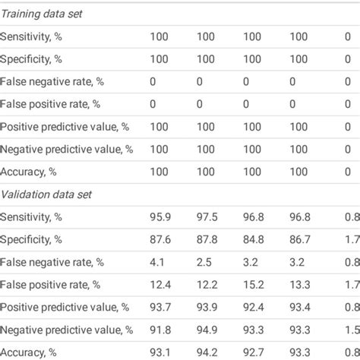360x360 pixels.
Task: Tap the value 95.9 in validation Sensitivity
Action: click(160, 217)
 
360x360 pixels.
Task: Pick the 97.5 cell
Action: click(207, 217)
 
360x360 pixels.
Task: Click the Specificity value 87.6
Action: click(160, 239)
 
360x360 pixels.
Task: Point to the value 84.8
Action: click(253, 239)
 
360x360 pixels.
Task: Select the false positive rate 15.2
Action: click(253, 284)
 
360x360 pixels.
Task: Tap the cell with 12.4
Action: click(160, 284)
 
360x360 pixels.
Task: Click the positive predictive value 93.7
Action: click(160, 307)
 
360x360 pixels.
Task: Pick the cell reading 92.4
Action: click(253, 307)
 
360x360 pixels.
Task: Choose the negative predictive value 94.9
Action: click(207, 330)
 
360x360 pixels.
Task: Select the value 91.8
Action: click(160, 330)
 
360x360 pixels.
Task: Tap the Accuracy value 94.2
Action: click(207, 352)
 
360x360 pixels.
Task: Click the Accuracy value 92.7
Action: click(253, 352)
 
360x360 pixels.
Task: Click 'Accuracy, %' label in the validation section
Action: click(30, 352)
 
